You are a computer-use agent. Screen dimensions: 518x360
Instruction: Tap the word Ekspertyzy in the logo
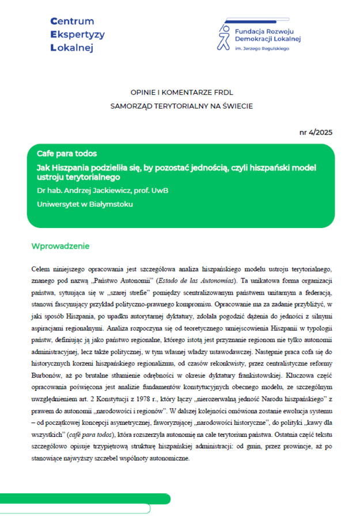click(78, 35)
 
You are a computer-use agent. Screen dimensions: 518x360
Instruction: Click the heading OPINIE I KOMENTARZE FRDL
click(181, 92)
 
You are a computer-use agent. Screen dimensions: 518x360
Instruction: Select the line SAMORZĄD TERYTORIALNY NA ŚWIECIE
click(181, 106)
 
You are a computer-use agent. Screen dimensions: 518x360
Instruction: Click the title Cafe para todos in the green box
click(67, 154)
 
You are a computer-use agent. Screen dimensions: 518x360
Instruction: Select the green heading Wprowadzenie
click(60, 246)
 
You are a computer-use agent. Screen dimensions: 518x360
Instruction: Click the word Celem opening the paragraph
click(40, 269)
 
